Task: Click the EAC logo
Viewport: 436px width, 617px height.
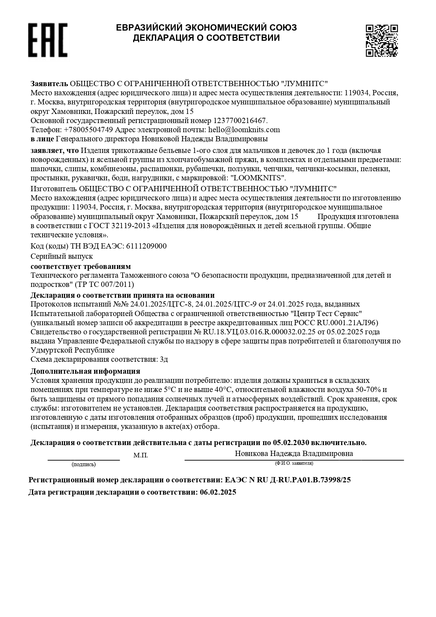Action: click(48, 40)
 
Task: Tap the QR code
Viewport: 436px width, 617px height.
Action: click(382, 40)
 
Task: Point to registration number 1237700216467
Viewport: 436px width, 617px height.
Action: click(240, 121)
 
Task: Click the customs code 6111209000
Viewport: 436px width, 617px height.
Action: click(146, 246)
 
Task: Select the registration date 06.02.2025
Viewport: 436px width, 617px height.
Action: click(218, 492)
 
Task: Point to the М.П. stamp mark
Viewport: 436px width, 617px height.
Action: click(141, 456)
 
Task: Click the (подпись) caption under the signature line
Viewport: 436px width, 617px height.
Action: click(84, 464)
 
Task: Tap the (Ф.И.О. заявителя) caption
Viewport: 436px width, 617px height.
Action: click(294, 463)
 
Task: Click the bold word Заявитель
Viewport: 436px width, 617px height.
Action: click(49, 84)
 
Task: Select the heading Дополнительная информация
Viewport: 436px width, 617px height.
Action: click(85, 371)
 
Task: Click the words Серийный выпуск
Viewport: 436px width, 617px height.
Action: click(62, 256)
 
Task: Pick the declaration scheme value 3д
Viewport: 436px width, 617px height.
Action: click(164, 359)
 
